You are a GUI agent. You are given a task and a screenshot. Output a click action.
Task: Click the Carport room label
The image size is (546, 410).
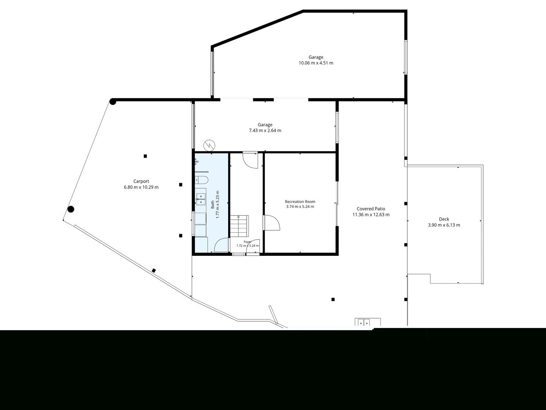(141, 181)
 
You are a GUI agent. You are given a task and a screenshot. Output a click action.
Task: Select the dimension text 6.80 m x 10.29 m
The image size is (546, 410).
(141, 187)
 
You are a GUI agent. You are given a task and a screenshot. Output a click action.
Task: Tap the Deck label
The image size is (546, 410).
(444, 219)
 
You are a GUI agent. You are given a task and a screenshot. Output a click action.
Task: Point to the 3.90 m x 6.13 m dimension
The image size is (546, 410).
(444, 225)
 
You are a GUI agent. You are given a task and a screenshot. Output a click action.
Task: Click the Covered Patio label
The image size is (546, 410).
(371, 209)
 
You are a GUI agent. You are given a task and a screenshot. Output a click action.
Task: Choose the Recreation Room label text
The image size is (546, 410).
(300, 202)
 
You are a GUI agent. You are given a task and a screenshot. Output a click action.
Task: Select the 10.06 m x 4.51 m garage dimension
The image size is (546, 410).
(316, 63)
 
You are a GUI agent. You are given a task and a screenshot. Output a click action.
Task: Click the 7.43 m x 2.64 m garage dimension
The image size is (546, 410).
(265, 131)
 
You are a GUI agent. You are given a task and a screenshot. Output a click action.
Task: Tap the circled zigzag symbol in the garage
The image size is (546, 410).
(209, 145)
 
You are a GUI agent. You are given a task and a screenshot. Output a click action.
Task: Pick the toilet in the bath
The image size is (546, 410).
(201, 179)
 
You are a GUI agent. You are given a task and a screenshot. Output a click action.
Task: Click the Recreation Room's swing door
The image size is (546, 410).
(271, 223)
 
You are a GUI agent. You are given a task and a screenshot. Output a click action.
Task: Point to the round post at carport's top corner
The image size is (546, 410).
(113, 102)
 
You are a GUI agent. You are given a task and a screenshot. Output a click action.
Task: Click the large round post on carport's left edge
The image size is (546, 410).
(71, 209)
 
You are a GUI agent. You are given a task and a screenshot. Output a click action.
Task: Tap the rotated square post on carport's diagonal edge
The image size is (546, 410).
(154, 270)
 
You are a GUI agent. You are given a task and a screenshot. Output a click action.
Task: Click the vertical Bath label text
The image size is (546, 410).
(212, 205)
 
